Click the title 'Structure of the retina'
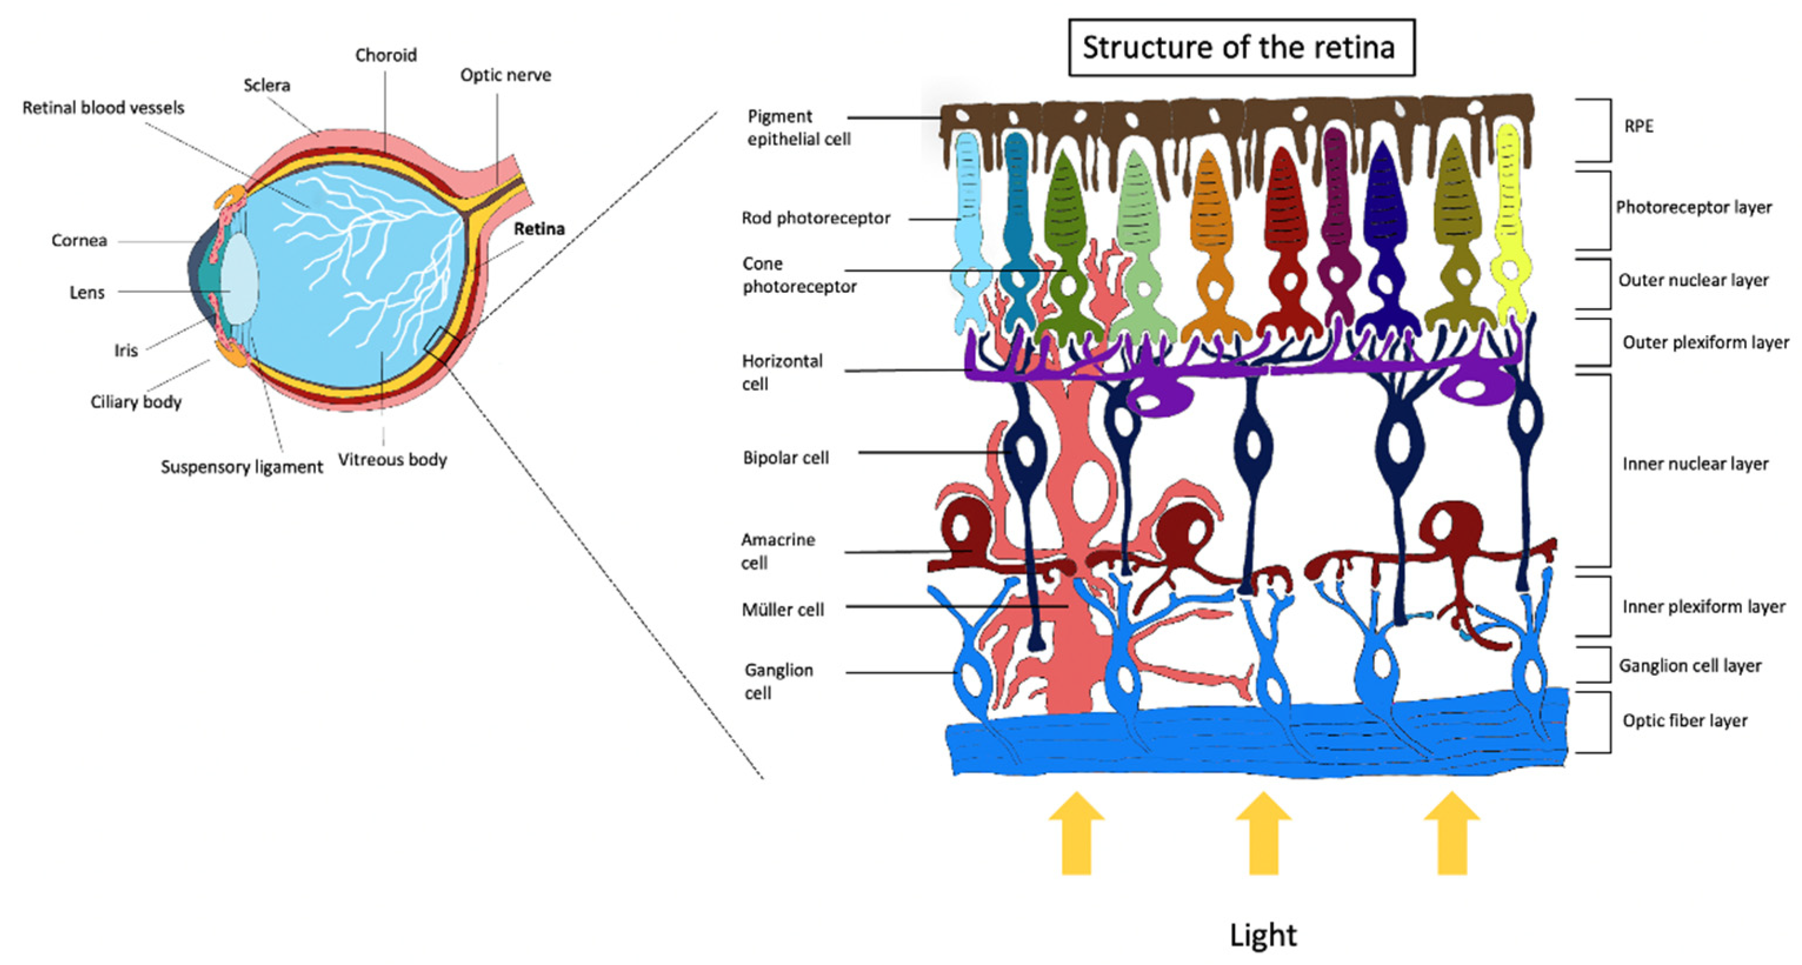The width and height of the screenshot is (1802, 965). pyautogui.click(x=1240, y=48)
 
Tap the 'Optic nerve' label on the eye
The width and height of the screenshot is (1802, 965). pyautogui.click(x=505, y=75)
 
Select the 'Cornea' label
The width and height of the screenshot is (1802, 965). pyautogui.click(x=79, y=241)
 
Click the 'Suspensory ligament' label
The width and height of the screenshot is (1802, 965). pyautogui.click(x=241, y=466)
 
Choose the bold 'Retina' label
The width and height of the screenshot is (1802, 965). pyautogui.click(x=539, y=229)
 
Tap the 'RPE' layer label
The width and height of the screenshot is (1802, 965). pyautogui.click(x=1638, y=126)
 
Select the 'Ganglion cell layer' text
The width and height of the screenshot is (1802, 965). pyautogui.click(x=1690, y=665)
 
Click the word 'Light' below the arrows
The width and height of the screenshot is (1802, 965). pyautogui.click(x=1263, y=934)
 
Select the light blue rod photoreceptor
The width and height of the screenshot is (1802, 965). pyautogui.click(x=970, y=217)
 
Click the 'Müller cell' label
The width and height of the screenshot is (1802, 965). pyautogui.click(x=783, y=610)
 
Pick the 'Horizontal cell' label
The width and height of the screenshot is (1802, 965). pyautogui.click(x=781, y=372)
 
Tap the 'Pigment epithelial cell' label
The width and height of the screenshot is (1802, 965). pyautogui.click(x=798, y=127)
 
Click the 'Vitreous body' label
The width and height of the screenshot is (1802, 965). pyautogui.click(x=392, y=459)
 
